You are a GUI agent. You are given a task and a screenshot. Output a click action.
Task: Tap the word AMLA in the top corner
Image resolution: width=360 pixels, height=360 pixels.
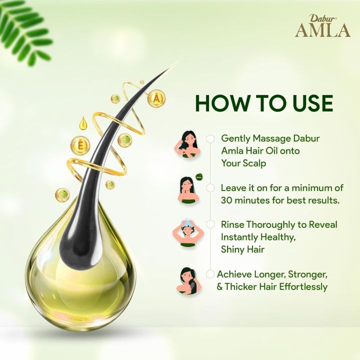[x=322, y=30]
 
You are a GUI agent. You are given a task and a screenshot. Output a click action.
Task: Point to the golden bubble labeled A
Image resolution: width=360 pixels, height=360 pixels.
[x=156, y=99]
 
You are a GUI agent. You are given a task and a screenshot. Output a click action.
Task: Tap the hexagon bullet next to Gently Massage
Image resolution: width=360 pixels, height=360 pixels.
[x=211, y=138]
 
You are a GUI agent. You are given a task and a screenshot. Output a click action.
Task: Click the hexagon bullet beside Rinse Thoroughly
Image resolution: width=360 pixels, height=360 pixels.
[x=211, y=225]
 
